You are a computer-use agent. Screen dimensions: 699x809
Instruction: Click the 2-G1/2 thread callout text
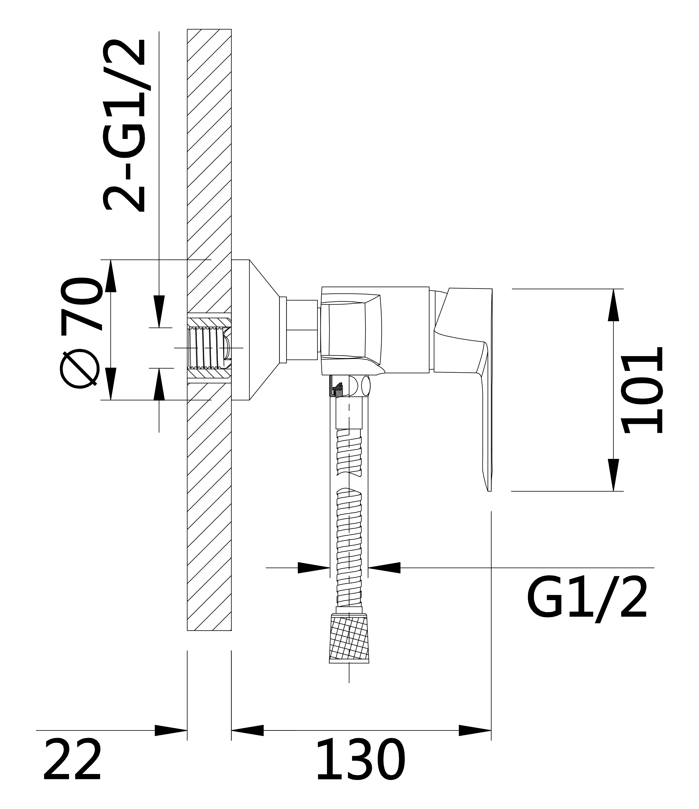124,126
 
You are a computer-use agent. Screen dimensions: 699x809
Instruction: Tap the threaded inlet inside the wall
209,348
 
